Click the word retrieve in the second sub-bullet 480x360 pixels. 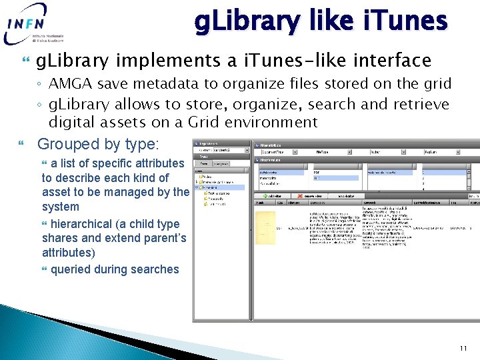pyautogui.click(x=423, y=104)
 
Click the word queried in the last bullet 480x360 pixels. pyautogui.click(x=73, y=269)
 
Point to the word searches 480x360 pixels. pyautogui.click(x=155, y=269)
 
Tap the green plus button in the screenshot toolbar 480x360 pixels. pyautogui.click(x=265, y=196)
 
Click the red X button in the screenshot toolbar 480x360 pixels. pyautogui.click(x=301, y=196)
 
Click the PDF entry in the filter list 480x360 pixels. pyautogui.click(x=317, y=172)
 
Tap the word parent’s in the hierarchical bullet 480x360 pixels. pyautogui.click(x=163, y=238)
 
